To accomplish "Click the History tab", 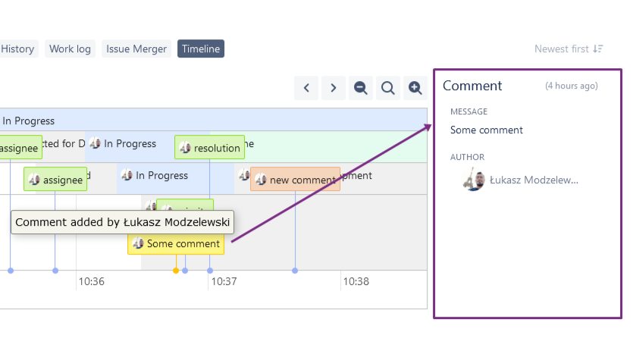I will coord(18,49).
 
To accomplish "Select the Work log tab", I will coord(70,49).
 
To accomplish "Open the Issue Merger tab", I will coord(136,49).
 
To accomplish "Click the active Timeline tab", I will coord(201,49).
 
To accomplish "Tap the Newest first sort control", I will coord(569,49).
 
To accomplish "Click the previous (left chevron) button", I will coord(306,88).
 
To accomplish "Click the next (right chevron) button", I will coord(334,88).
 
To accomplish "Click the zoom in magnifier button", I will coord(415,88).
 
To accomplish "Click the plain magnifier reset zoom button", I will coord(388,88).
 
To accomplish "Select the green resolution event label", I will coord(209,148).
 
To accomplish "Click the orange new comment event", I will coord(296,180).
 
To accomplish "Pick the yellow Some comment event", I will coord(176,243).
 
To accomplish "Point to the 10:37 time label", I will coord(224,282).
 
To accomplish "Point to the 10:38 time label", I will coord(356,282).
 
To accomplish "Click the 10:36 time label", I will coord(91,282).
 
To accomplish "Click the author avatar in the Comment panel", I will coord(475,180).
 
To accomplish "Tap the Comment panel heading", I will coord(472,86).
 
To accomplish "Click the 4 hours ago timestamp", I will coord(572,86).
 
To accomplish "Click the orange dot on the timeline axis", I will coord(176,271).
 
